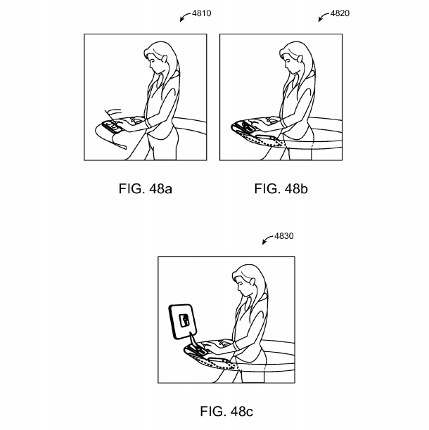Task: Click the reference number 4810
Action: pyautogui.click(x=201, y=13)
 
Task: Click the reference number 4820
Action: pyautogui.click(x=340, y=13)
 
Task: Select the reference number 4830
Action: pyautogui.click(x=284, y=236)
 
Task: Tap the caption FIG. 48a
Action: pyautogui.click(x=145, y=189)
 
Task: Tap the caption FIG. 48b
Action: pyautogui.click(x=281, y=189)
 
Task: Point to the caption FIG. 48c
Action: pyautogui.click(x=226, y=411)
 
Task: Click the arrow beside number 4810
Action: pyautogui.click(x=185, y=16)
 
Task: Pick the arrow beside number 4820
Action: pyautogui.click(x=323, y=16)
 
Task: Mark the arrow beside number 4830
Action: pyautogui.click(x=267, y=239)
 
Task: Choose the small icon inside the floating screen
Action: pyautogui.click(x=184, y=320)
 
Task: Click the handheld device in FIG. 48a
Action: pyautogui.click(x=112, y=126)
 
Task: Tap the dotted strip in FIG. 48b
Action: pyautogui.click(x=262, y=139)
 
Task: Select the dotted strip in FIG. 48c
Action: pyautogui.click(x=214, y=362)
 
